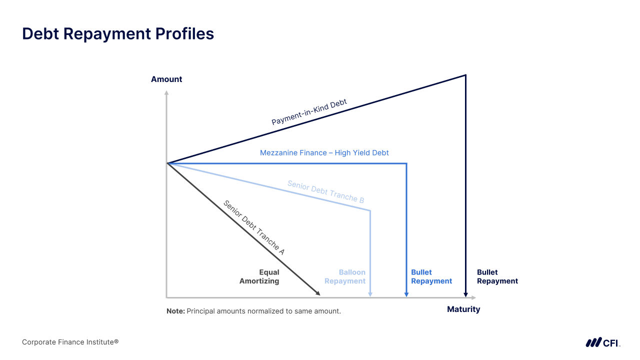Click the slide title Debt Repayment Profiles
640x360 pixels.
pos(118,33)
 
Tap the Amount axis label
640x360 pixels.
pos(166,79)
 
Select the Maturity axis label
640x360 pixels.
pos(463,309)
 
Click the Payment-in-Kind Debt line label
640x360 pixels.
pos(309,112)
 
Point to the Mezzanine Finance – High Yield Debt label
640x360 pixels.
pos(324,152)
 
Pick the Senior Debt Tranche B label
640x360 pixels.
pos(325,191)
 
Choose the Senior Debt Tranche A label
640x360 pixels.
pos(254,227)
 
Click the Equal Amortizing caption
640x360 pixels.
pos(259,276)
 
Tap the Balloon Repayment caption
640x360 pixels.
pos(345,276)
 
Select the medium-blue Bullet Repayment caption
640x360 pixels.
pos(431,276)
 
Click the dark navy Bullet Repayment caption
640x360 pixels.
pos(497,276)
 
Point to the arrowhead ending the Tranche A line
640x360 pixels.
pos(317,293)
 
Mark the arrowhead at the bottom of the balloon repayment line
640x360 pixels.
pos(370,294)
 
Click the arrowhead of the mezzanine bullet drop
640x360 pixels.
pos(406,294)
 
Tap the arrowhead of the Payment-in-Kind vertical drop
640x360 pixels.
pos(466,294)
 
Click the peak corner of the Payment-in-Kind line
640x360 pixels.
pos(465,75)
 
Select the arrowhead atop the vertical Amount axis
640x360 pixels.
pos(166,92)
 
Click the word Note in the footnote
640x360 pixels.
pos(175,311)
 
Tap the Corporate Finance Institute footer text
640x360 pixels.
pos(70,342)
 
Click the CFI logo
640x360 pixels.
pos(602,342)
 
